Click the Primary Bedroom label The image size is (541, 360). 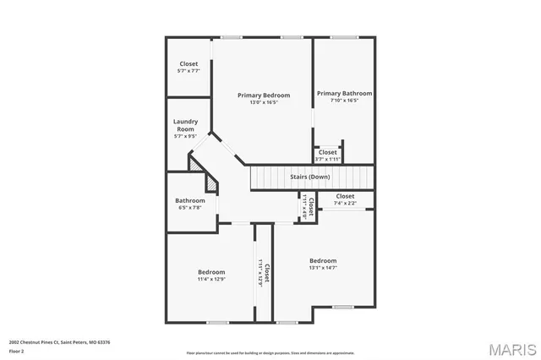click(x=263, y=95)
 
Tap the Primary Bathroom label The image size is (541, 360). click(x=344, y=93)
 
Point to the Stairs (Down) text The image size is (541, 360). click(x=310, y=177)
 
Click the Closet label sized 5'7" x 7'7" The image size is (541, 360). click(x=189, y=63)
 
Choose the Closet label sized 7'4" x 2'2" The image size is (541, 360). click(x=344, y=196)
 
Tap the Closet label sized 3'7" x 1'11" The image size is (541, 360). click(x=327, y=152)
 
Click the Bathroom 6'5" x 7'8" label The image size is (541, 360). click(x=189, y=200)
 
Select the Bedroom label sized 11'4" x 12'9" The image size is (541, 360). click(x=211, y=271)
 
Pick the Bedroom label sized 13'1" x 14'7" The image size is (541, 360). click(x=323, y=260)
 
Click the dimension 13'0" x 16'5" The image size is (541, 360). click(x=263, y=103)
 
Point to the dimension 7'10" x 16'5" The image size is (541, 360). click(x=344, y=101)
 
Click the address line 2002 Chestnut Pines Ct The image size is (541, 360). click(x=59, y=342)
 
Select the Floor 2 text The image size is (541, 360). click(x=17, y=349)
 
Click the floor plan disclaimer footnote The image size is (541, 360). click(x=270, y=353)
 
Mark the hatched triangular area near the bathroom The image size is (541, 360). click(x=199, y=165)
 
